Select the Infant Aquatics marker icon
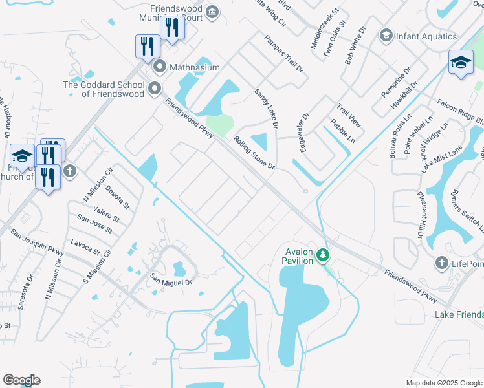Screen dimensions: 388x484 [386, 35]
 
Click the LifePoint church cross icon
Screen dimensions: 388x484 [441, 263]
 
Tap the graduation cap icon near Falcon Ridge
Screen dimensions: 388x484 [461, 63]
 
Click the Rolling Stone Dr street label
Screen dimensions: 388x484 [255, 153]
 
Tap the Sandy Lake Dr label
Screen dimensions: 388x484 [265, 109]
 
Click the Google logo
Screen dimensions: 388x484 [21, 380]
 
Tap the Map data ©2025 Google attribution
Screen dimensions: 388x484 [444, 382]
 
